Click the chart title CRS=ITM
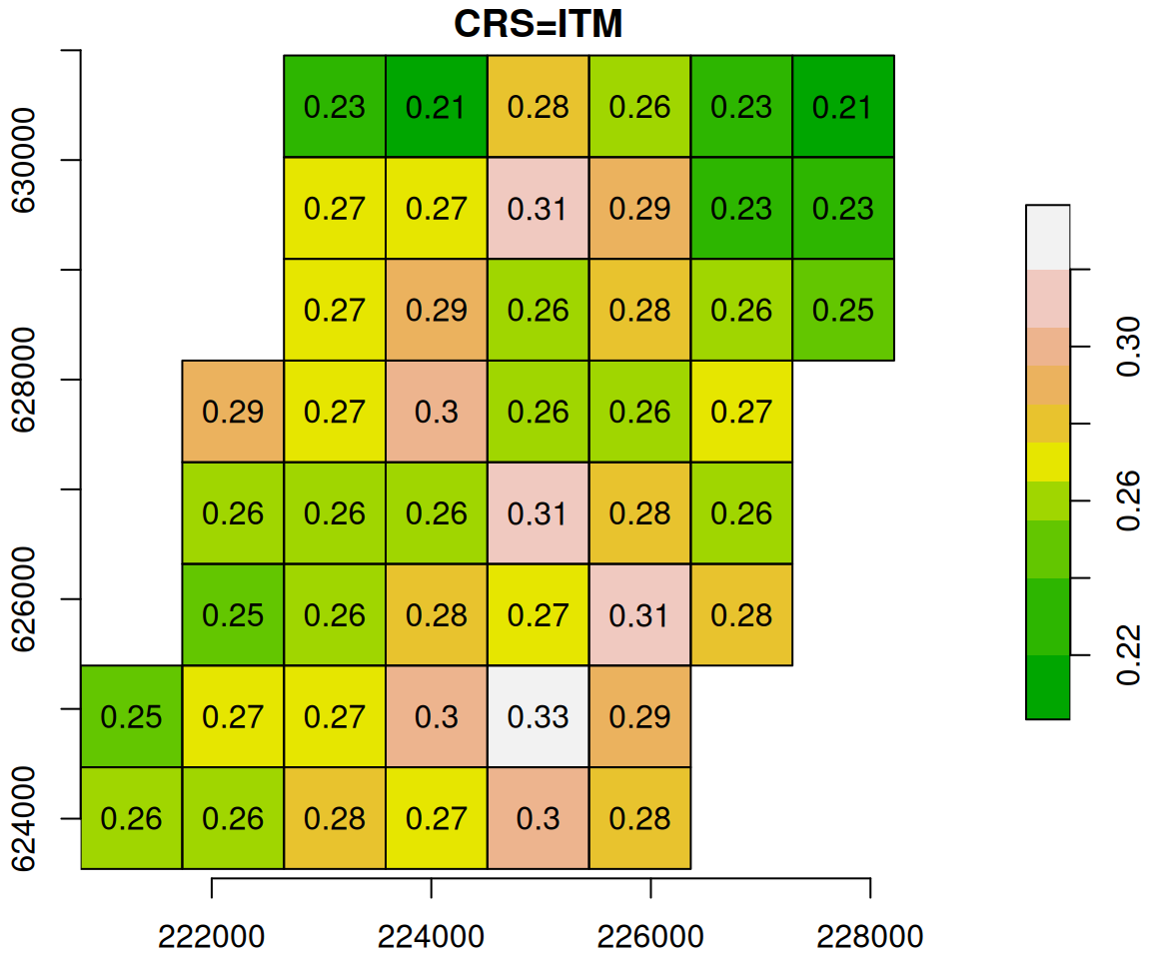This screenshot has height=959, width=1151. pyautogui.click(x=539, y=23)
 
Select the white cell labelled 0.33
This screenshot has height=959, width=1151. pyautogui.click(x=539, y=716)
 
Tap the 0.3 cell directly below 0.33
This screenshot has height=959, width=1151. pyautogui.click(x=539, y=818)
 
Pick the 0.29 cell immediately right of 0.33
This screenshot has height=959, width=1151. pyautogui.click(x=640, y=716)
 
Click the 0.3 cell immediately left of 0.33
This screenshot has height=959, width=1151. pyautogui.click(x=437, y=716)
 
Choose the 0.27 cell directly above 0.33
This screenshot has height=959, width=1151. pyautogui.click(x=539, y=614)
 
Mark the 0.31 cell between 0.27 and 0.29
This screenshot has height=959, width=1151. pyautogui.click(x=539, y=209)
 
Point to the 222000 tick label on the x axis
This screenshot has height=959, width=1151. pyautogui.click(x=212, y=936)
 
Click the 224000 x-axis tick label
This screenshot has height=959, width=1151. pyautogui.click(x=431, y=936)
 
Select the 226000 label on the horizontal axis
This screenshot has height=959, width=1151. pyautogui.click(x=650, y=936)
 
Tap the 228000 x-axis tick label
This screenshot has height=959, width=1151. pyautogui.click(x=870, y=936)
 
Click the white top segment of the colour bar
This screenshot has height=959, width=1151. pyautogui.click(x=1047, y=237)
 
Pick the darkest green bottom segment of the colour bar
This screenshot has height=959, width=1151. pyautogui.click(x=1047, y=687)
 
